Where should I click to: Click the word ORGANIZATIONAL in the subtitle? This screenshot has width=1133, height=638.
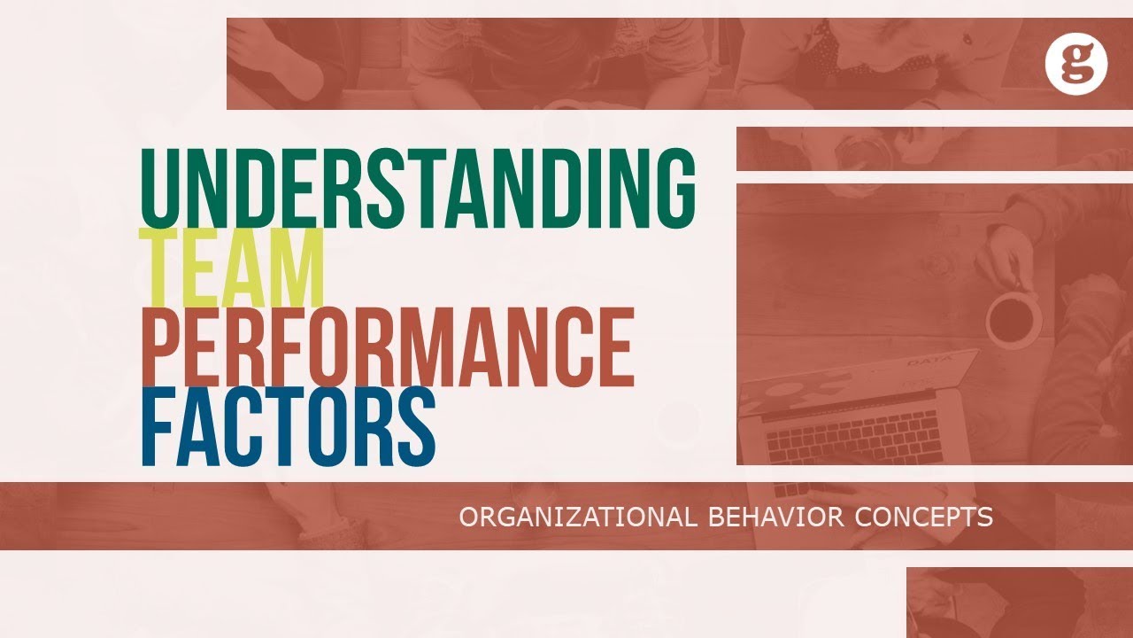pyautogui.click(x=577, y=517)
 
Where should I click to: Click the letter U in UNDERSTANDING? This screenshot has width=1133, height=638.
pyautogui.click(x=161, y=186)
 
